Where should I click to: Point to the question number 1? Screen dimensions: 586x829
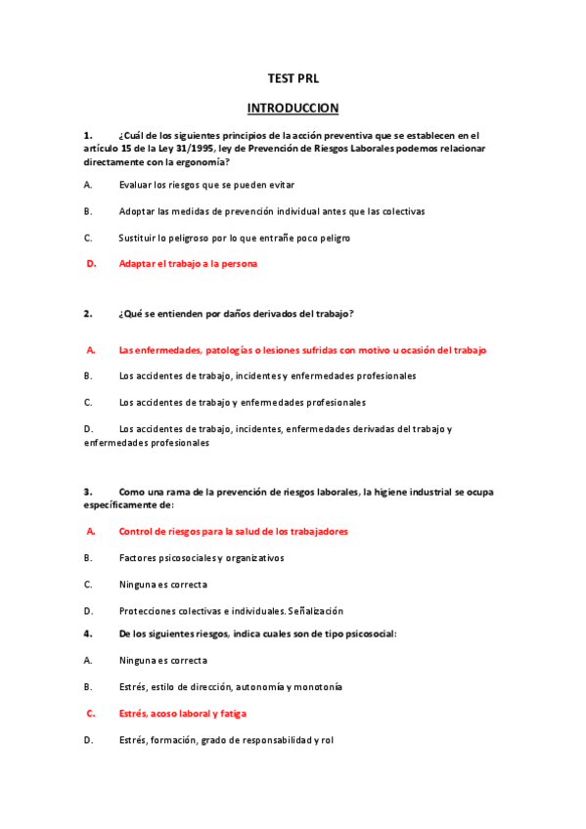(88, 135)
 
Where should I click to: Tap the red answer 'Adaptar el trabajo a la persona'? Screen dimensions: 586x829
(188, 263)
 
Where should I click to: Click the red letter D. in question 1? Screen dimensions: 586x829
(91, 263)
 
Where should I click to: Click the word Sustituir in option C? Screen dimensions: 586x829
(139, 237)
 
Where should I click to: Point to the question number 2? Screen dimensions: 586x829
(88, 314)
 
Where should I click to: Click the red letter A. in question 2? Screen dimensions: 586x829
(91, 349)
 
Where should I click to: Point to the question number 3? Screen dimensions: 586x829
(88, 491)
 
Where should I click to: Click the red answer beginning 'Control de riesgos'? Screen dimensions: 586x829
(233, 531)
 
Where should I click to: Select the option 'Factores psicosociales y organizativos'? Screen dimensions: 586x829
(202, 557)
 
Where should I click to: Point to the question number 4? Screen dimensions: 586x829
(88, 633)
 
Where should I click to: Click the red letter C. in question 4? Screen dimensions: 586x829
(91, 714)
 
